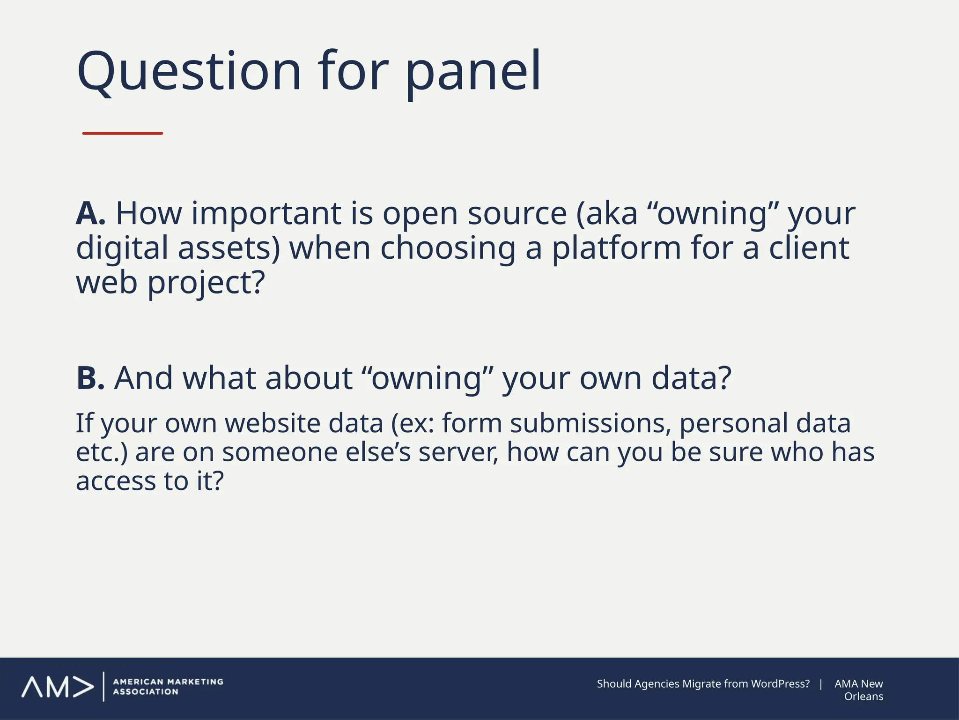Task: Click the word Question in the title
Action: click(189, 71)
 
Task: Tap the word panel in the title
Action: click(473, 71)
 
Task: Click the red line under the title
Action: click(123, 134)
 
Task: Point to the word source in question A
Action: click(517, 214)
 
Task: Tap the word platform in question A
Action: click(616, 248)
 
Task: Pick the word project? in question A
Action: click(206, 283)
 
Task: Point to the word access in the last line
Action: click(115, 481)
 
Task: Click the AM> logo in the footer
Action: click(57, 687)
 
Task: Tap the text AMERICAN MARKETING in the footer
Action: click(168, 682)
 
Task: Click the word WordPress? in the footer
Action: click(780, 684)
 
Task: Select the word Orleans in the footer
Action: click(863, 697)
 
